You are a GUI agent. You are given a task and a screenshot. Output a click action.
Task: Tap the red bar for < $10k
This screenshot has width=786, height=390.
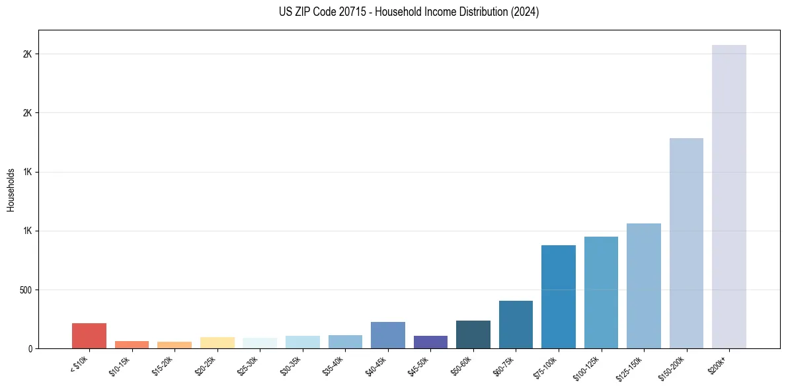89,336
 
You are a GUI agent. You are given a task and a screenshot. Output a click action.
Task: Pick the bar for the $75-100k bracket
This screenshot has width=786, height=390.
558,297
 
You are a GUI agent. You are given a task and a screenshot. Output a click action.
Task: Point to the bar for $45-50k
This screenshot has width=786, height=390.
430,342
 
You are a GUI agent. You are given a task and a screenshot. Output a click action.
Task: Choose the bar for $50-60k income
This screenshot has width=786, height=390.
473,334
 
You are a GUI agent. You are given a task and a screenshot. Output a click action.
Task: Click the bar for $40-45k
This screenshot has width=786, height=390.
387,335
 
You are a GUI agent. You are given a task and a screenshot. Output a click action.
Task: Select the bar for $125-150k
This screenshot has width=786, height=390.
643,286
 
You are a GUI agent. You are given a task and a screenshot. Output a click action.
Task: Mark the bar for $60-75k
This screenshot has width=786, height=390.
516,325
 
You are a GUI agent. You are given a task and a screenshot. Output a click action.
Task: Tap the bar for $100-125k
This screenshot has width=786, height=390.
601,292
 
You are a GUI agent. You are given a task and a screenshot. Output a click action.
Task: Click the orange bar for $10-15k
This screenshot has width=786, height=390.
132,344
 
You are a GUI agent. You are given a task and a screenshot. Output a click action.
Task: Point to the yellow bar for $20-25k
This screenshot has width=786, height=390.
217,342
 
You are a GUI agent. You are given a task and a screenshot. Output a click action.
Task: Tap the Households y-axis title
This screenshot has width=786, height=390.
11,190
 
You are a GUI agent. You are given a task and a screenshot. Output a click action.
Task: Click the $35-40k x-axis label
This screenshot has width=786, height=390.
336,365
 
